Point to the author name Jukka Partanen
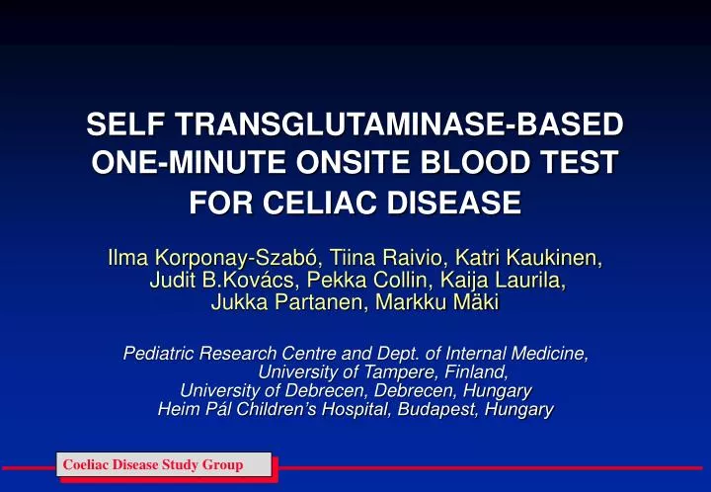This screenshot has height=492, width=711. [x=285, y=303]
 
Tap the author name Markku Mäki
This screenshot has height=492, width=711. [x=436, y=303]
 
